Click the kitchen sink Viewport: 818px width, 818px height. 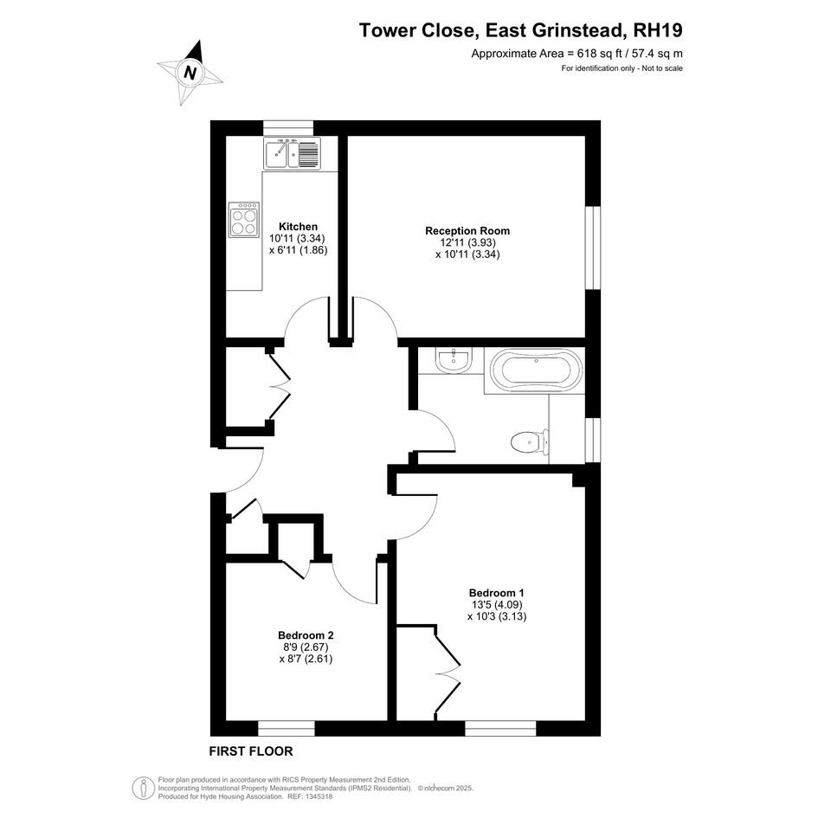click(x=293, y=154)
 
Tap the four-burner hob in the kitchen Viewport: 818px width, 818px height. click(x=243, y=220)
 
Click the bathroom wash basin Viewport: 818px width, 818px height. click(x=454, y=359)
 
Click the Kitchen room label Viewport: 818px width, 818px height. click(x=298, y=227)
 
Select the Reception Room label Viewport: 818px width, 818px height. click(x=467, y=230)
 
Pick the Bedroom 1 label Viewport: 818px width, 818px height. click(x=496, y=593)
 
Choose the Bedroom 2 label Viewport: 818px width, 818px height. click(x=306, y=635)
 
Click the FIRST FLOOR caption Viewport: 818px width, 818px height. click(x=251, y=751)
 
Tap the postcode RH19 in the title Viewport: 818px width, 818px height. click(x=657, y=30)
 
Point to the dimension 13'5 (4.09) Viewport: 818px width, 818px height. click(x=497, y=605)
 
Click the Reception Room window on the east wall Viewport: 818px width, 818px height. click(x=593, y=248)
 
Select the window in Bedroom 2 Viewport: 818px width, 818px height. click(x=287, y=728)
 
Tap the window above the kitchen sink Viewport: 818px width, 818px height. click(x=288, y=128)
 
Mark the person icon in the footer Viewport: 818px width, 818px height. click(x=143, y=789)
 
